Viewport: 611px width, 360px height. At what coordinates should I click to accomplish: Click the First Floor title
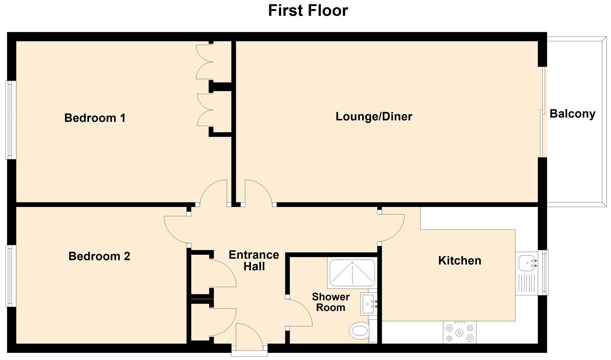pos(308,11)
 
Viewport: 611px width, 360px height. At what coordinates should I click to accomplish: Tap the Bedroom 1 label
pos(95,118)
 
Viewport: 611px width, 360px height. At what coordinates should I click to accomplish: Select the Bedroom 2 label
pos(99,256)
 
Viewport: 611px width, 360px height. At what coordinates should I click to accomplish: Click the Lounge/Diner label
pos(374,116)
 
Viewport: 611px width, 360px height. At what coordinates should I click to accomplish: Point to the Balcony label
pos(572,114)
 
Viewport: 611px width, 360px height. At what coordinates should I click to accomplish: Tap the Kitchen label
pos(459,260)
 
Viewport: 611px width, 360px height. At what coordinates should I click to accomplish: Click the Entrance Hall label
pos(254,260)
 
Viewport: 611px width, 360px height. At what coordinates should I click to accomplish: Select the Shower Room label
pos(330,302)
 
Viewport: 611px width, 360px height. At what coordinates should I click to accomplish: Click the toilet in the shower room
pos(358,331)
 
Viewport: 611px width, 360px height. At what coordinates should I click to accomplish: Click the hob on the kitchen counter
pos(459,332)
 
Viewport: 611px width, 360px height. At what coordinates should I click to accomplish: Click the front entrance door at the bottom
pos(249,337)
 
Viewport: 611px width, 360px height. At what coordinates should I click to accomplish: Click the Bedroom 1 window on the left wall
pos(10,120)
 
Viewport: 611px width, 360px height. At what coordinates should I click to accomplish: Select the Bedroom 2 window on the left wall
pos(10,276)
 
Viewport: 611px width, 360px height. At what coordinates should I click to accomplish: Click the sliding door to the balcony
pos(542,112)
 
